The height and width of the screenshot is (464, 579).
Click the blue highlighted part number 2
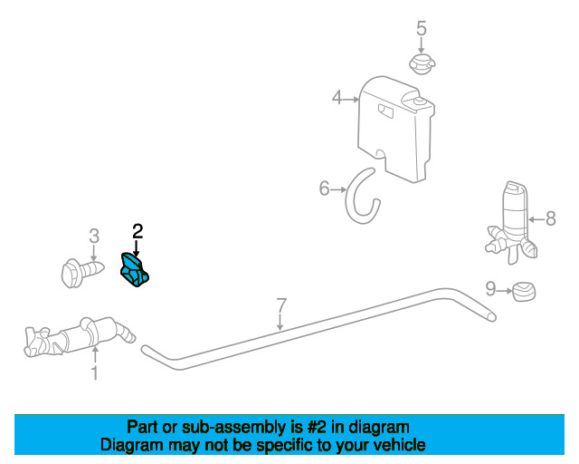pyautogui.click(x=135, y=270)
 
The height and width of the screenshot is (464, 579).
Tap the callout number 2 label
pyautogui.click(x=138, y=232)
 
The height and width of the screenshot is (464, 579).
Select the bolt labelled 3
pyautogui.click(x=82, y=273)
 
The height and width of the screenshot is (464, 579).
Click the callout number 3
pyautogui.click(x=94, y=236)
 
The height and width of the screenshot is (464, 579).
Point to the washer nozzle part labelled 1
pyautogui.click(x=80, y=336)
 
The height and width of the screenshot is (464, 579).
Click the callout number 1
pyautogui.click(x=95, y=372)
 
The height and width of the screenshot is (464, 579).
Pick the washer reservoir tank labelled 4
pyautogui.click(x=396, y=129)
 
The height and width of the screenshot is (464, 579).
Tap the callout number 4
pyautogui.click(x=337, y=98)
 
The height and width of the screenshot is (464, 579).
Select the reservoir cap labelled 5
pyautogui.click(x=422, y=64)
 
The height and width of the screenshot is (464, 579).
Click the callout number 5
pyautogui.click(x=422, y=28)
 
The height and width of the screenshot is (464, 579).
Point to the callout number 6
pyautogui.click(x=324, y=188)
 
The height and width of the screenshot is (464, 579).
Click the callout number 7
pyautogui.click(x=281, y=305)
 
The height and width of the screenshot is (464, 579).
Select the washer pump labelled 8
pyautogui.click(x=511, y=223)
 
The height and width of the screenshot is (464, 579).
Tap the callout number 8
pyautogui.click(x=551, y=218)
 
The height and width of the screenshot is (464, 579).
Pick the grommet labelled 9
pyautogui.click(x=523, y=291)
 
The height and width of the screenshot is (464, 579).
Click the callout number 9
pyautogui.click(x=490, y=288)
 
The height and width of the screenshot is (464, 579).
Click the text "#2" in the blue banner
pyautogui.click(x=317, y=428)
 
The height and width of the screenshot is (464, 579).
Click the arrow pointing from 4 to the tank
pyautogui.click(x=351, y=99)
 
